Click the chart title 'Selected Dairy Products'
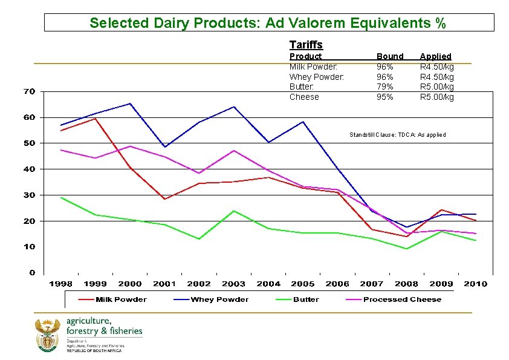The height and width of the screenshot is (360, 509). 268,23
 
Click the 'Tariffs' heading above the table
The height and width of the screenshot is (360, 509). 306,45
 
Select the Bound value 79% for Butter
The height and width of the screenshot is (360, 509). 385,87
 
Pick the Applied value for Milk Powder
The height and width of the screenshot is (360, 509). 437,67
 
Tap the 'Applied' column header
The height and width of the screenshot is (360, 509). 435,56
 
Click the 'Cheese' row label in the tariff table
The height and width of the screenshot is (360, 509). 304,97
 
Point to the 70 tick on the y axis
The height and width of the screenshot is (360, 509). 29,91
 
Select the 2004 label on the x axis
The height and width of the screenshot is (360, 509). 268,284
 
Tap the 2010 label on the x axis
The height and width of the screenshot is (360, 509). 476,284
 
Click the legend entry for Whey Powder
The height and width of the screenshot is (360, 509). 219,299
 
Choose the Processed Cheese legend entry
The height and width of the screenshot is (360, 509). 402,299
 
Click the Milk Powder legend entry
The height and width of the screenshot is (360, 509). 122,299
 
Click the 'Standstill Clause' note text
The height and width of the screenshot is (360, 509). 397,134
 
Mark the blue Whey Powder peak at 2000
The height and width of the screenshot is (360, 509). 130,103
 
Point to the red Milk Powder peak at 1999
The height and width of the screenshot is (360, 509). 95,119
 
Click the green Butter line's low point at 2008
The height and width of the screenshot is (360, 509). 407,249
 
